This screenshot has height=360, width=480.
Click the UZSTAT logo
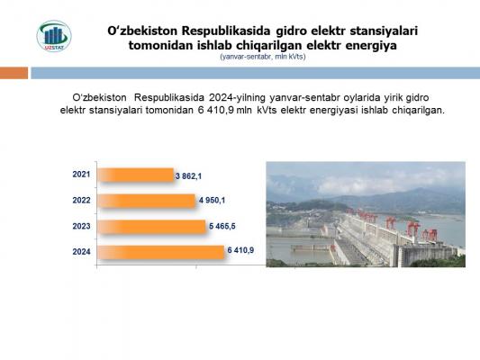click(54, 36)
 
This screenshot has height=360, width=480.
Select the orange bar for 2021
click(136, 175)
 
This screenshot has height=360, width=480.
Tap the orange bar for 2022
click(146, 201)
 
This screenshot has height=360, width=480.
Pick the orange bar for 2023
click(151, 227)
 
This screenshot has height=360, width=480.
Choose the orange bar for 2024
click(161, 252)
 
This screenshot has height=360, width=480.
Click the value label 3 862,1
click(188, 176)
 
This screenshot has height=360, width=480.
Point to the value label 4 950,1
click(212, 201)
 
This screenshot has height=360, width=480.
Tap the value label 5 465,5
click(222, 226)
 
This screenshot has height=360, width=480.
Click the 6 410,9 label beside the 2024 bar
click(240, 250)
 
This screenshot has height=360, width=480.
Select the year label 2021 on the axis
click(81, 175)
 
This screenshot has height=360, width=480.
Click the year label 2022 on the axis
click(81, 201)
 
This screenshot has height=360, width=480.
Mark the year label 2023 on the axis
click(81, 226)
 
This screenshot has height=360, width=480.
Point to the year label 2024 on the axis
click(81, 252)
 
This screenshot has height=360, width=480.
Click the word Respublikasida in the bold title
click(226, 31)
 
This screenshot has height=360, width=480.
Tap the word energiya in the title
click(372, 46)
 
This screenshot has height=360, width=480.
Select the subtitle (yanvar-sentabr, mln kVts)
click(263, 57)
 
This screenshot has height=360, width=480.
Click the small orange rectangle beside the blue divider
click(14, 73)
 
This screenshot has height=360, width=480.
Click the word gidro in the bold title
click(291, 31)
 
